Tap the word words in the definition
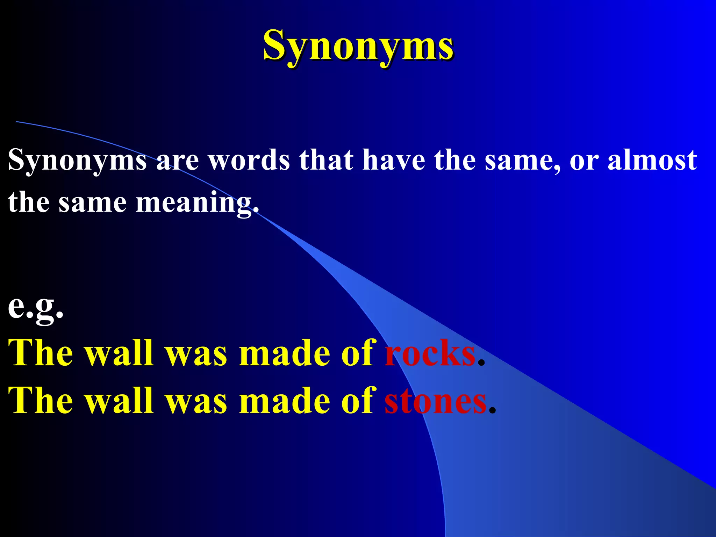point(249,160)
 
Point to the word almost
point(652,160)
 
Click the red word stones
point(436,401)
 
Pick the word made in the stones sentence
point(284,401)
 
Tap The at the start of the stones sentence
point(41,401)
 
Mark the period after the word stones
point(492,411)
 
